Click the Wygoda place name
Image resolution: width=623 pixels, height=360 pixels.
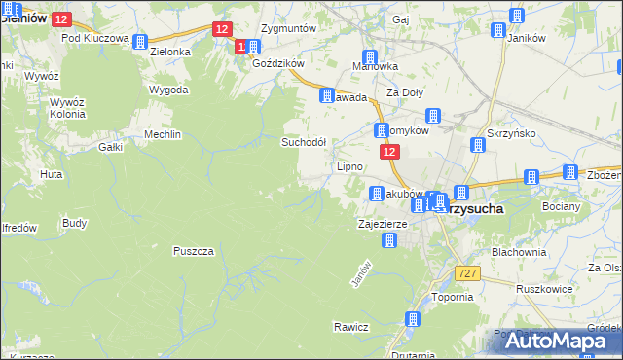[168, 90]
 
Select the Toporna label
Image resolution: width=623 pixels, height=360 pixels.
[452, 297]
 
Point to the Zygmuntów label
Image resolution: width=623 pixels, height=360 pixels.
[290, 29]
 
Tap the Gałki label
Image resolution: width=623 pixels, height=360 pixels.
[110, 148]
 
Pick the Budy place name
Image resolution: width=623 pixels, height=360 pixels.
[74, 223]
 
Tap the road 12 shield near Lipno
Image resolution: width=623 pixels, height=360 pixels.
[388, 153]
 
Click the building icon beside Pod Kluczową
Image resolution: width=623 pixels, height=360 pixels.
[138, 42]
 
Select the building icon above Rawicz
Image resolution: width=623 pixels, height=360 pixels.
[414, 318]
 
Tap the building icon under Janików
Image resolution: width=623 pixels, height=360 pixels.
[497, 30]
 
